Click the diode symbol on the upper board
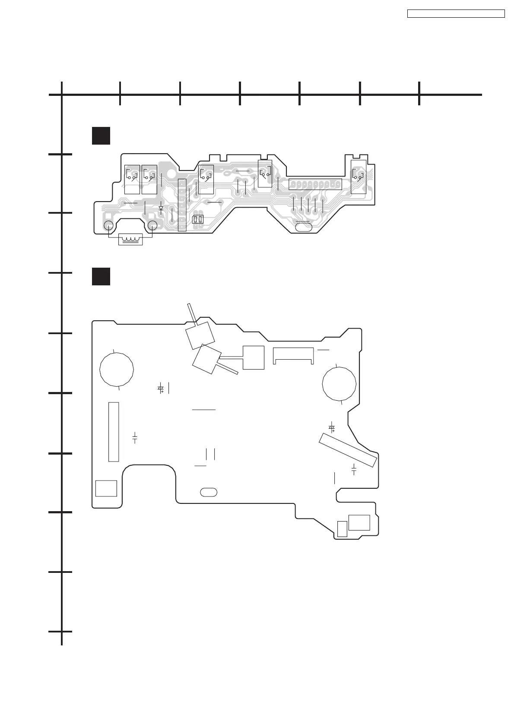161,208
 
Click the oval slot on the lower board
209,492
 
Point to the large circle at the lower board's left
117,369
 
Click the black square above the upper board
101,136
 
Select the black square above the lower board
101,276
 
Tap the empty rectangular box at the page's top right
456,14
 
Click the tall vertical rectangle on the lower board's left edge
113,432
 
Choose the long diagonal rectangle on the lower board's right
348,450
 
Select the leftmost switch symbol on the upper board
132,176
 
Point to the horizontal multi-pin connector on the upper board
315,184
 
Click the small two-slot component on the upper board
198,219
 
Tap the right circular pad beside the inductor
152,226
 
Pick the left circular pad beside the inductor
108,225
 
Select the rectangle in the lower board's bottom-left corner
106,488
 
